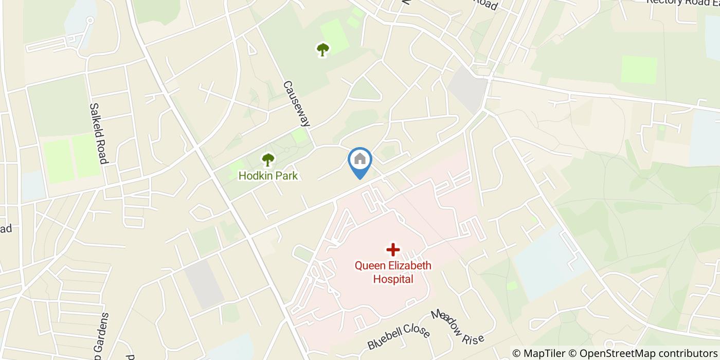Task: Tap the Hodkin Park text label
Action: click(268, 176)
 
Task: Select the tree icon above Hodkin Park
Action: click(268, 160)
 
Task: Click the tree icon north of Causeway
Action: click(322, 49)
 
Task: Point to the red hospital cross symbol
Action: click(393, 250)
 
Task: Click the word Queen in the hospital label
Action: click(369, 266)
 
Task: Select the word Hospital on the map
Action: click(393, 279)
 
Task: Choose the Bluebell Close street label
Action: click(399, 336)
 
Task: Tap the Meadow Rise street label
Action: click(457, 327)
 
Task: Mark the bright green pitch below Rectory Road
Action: click(639, 69)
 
